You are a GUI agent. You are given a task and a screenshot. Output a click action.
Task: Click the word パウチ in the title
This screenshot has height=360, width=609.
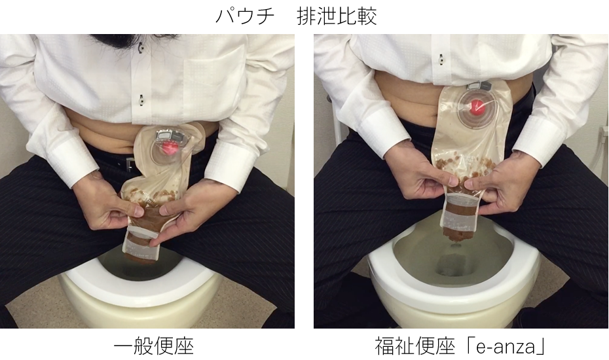point(245,16)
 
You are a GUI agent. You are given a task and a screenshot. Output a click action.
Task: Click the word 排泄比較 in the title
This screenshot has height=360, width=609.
point(337,16)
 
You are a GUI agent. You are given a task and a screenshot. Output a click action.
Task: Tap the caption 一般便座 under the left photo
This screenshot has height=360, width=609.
point(154,346)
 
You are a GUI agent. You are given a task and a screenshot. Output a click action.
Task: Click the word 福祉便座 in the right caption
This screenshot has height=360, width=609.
point(415,346)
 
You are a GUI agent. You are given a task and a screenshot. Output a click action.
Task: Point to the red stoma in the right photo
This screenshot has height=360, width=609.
point(477,105)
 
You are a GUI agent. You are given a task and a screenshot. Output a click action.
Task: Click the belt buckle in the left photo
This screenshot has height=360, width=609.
point(128,163)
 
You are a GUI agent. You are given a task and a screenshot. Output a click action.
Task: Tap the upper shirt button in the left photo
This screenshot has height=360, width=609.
point(140,48)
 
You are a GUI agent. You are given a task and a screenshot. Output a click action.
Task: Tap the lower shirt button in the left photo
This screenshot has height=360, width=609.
point(141,99)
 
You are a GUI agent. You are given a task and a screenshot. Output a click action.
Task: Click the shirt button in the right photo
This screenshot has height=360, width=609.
point(441,60)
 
